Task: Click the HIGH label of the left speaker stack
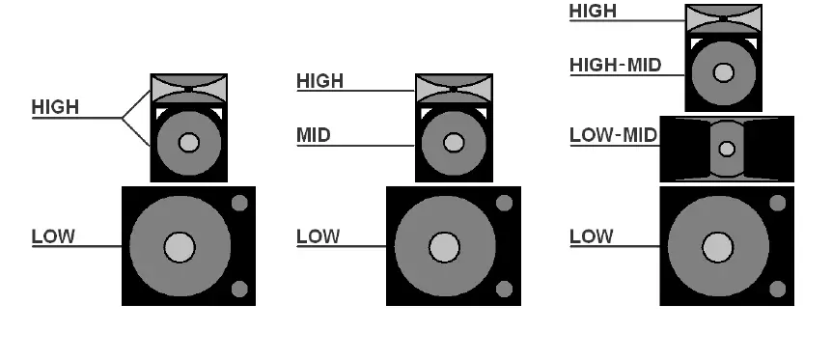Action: point(55,107)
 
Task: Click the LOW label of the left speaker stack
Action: point(53,235)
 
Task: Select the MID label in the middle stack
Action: point(313,135)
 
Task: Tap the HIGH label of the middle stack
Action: point(319,81)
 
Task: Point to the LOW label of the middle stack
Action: point(318,235)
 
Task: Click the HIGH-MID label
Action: point(614,65)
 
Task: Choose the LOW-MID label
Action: point(614,135)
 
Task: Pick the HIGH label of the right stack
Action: point(593,12)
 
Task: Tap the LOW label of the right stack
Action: point(591,235)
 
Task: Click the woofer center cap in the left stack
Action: point(179,247)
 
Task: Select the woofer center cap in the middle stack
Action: point(443,247)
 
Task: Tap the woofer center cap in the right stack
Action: point(716,247)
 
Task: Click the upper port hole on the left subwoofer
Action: point(239,203)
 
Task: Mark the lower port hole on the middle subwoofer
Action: point(504,288)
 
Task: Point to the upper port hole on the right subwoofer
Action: point(777,203)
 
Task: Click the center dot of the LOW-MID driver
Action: point(727,150)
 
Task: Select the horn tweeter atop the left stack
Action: point(188,90)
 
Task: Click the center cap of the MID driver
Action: point(453,143)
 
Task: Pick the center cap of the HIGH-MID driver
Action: point(723,72)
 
